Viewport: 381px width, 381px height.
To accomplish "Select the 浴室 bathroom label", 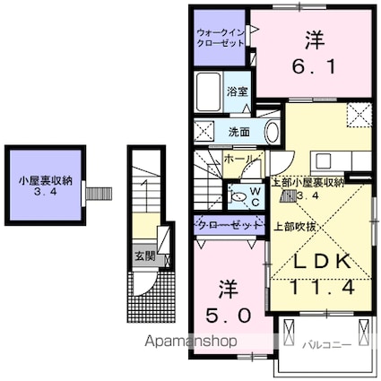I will click(x=237, y=91).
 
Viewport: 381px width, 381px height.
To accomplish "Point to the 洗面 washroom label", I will click(x=238, y=132).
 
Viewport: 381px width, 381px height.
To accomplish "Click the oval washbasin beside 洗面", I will click(x=272, y=133).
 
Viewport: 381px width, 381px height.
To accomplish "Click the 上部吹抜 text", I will click(x=293, y=224).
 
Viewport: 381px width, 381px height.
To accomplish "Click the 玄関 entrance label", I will click(x=143, y=254).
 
